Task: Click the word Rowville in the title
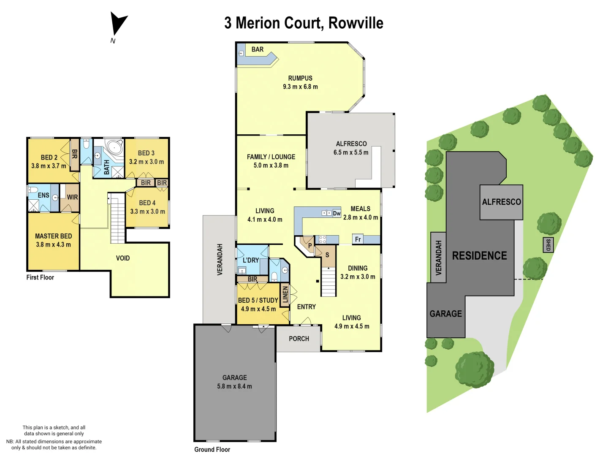click(356, 23)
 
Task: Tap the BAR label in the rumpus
click(257, 49)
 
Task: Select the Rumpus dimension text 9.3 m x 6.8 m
click(300, 87)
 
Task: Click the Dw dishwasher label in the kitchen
click(337, 213)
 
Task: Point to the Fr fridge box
click(358, 239)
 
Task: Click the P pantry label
click(310, 246)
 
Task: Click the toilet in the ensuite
click(33, 190)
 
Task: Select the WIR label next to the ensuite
click(72, 197)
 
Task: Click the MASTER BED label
click(53, 236)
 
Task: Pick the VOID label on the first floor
click(122, 258)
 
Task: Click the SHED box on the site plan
click(548, 245)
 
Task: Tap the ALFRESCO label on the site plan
click(501, 202)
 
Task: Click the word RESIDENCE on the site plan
click(479, 255)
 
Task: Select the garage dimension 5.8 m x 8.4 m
click(234, 386)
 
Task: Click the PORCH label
click(299, 339)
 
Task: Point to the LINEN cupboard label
click(285, 294)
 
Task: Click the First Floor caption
click(40, 277)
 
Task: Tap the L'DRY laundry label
click(250, 260)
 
